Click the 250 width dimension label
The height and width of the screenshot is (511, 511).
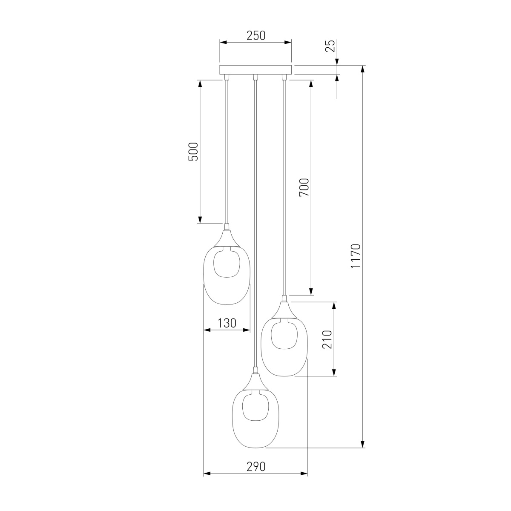(x=255, y=35)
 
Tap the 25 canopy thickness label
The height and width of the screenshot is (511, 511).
(x=330, y=46)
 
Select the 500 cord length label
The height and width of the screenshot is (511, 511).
(x=193, y=152)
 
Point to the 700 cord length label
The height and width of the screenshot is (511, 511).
(x=304, y=187)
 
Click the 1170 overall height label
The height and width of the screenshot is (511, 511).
(x=356, y=256)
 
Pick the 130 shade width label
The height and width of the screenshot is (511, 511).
(x=227, y=323)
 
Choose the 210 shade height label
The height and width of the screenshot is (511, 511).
(x=327, y=339)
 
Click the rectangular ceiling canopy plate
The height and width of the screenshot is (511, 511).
(x=255, y=70)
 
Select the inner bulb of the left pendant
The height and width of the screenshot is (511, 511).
(x=227, y=263)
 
